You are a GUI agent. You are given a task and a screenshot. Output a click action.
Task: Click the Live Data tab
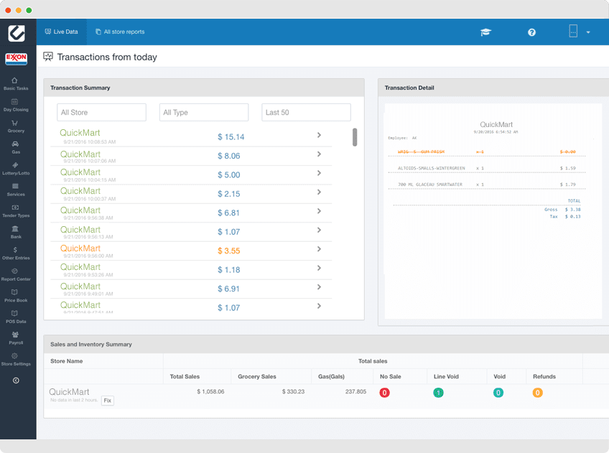pos(61,32)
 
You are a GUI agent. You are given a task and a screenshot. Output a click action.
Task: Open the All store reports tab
pos(120,32)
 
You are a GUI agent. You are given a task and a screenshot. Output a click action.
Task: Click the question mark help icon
pos(531,32)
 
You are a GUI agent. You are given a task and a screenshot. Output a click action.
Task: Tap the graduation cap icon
pos(485,32)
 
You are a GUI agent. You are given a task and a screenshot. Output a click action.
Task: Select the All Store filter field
pos(101,113)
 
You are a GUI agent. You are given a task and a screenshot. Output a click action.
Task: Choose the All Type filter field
pos(203,113)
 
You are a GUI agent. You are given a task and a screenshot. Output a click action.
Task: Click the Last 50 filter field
pos(306,113)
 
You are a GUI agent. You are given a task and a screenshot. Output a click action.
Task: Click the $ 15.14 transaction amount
pos(231,137)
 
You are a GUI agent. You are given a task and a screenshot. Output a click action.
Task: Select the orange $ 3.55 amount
pos(228,251)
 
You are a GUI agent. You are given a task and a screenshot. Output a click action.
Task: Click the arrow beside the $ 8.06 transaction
pos(319,154)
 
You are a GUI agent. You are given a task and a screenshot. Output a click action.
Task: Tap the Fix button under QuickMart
pos(107,401)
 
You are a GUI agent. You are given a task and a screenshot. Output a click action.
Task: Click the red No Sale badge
pos(384,393)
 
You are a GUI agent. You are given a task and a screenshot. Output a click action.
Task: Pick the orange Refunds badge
pos(537,393)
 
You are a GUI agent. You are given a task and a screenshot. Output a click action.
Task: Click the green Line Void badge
pos(438,393)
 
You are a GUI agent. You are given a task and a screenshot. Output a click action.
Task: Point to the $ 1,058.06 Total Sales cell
pos(210,392)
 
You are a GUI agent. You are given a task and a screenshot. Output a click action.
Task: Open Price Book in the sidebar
pos(15,296)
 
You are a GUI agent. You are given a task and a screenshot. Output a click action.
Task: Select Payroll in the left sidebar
pos(15,337)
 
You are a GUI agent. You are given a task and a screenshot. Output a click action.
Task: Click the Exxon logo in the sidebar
pos(16,59)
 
